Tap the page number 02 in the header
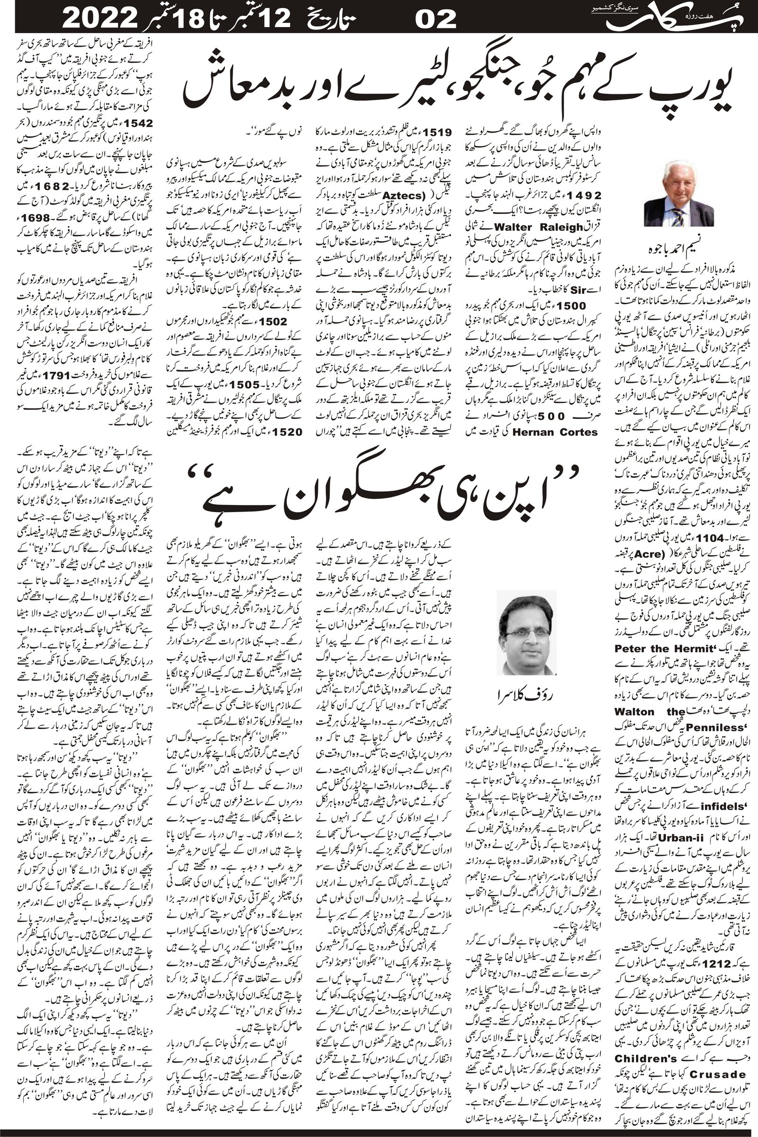coord(436,19)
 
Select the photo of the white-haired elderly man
coord(673,193)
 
